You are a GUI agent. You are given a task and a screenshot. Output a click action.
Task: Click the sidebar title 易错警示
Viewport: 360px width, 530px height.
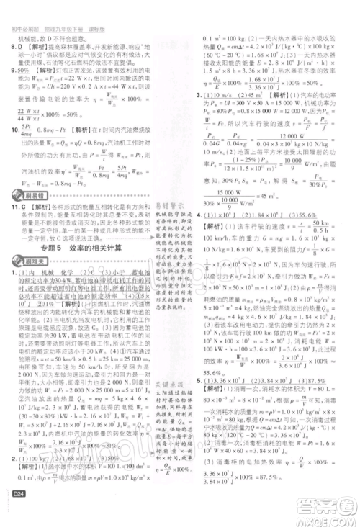click(x=170, y=205)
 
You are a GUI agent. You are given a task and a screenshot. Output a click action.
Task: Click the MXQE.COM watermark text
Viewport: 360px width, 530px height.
click(x=328, y=519)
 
